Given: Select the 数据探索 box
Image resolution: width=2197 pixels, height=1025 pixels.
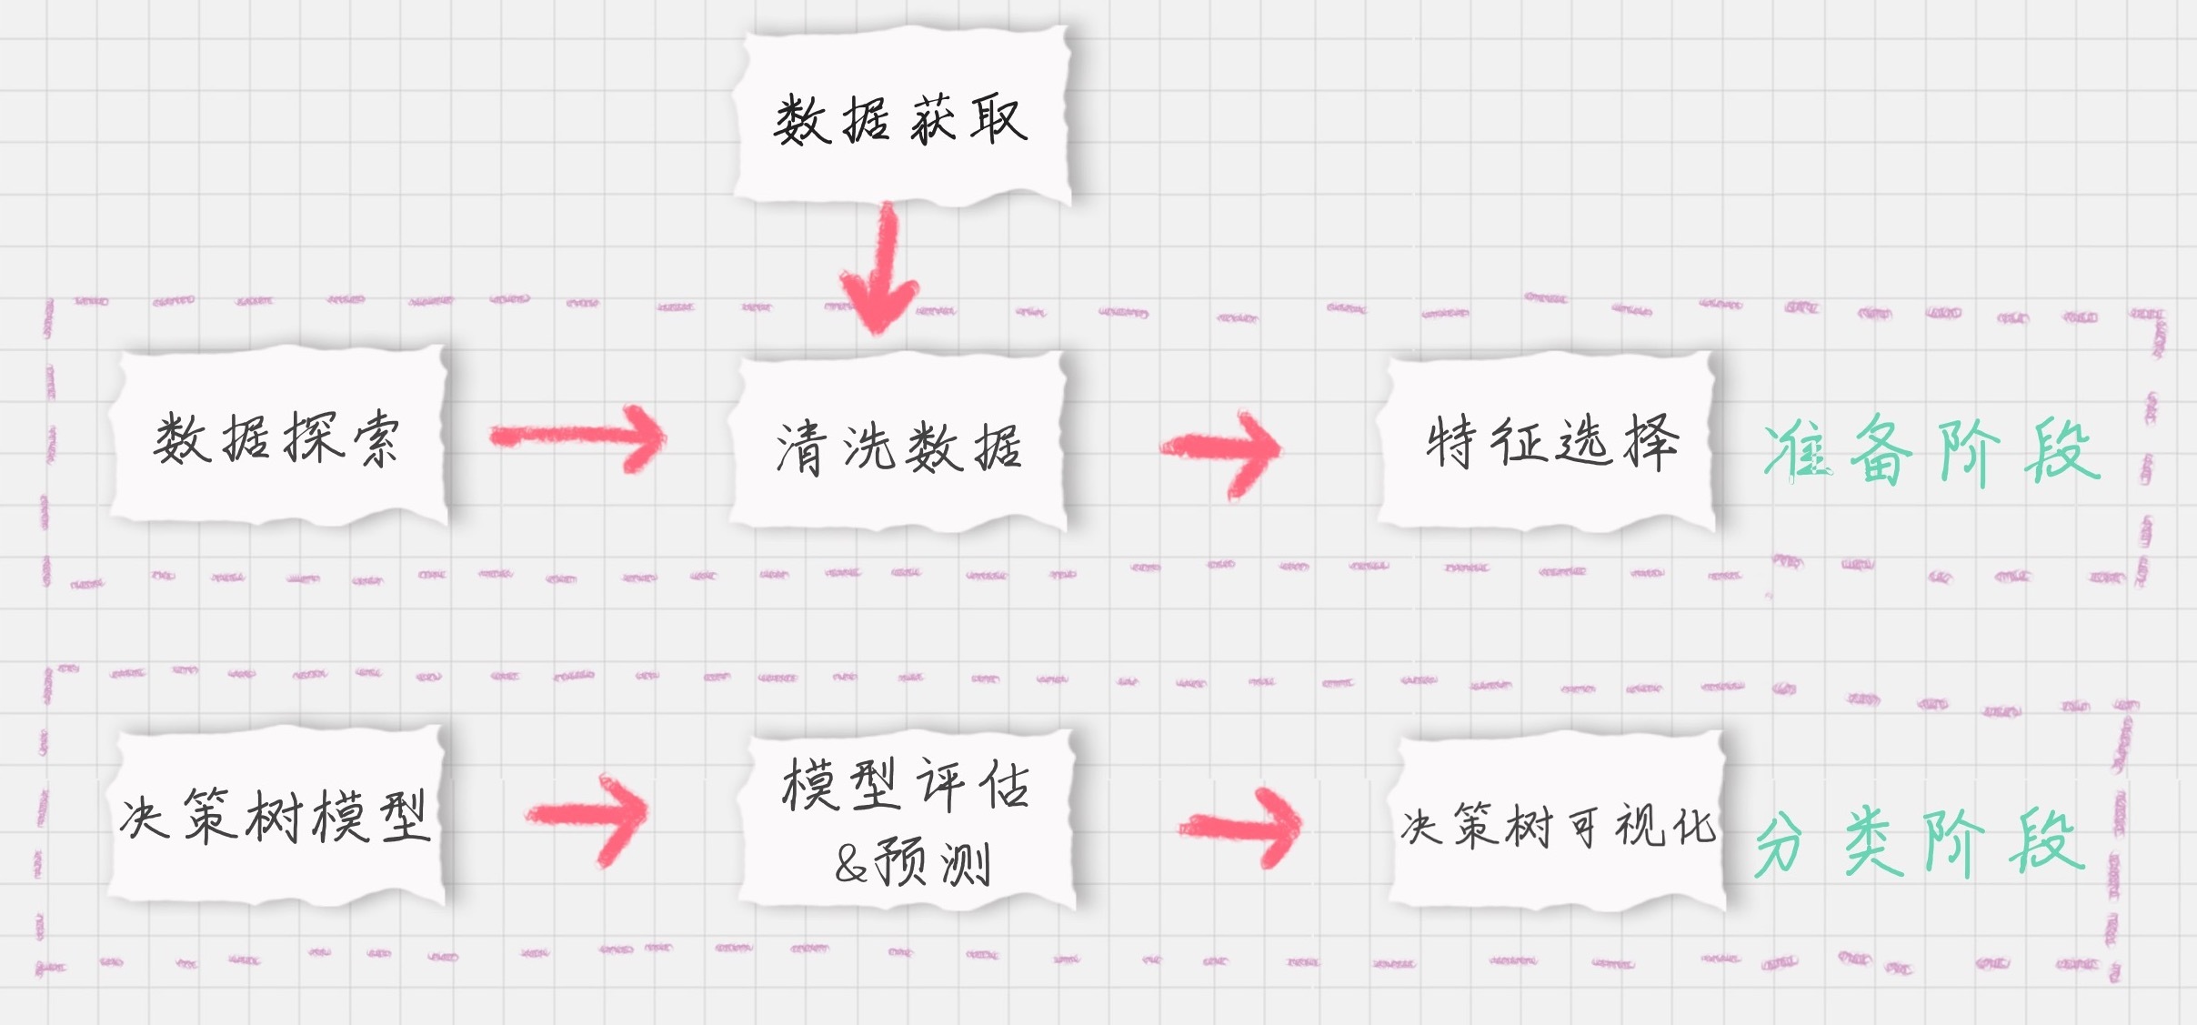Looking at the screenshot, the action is pos(277,438).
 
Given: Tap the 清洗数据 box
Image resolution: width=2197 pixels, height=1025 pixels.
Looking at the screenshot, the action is pos(898,446).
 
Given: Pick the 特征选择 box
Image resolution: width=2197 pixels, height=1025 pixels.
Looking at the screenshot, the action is pos(1549,442).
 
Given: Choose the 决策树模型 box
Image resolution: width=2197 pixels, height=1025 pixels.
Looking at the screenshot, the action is pos(276,815).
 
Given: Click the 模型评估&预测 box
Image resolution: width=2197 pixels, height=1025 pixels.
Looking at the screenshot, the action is pos(906,820).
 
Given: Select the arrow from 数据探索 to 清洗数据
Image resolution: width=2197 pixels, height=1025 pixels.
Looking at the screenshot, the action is pos(578,437).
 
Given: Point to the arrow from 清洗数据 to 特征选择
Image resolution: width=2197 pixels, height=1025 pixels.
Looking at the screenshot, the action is pos(1222,448).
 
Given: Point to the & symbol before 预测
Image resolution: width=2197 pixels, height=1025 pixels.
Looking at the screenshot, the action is pos(851,864).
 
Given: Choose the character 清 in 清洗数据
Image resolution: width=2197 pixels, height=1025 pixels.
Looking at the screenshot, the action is pos(800,447).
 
